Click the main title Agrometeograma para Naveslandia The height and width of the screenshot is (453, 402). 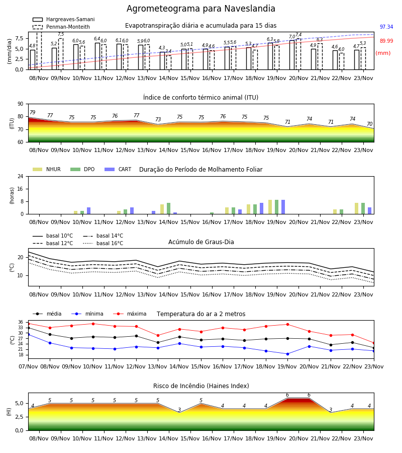pos(200,9)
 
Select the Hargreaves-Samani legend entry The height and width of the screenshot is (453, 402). pos(63,19)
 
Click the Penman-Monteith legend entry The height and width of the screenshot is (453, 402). pos(61,27)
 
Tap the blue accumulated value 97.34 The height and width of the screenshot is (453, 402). pos(386,27)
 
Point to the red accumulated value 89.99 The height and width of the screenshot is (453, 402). pos(386,41)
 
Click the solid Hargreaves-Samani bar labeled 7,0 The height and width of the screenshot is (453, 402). pos(292,55)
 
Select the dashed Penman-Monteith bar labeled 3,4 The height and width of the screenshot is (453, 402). pos(169,62)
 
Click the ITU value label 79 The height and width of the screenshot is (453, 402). pos(32,112)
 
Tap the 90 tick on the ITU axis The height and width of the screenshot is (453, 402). pos(21,104)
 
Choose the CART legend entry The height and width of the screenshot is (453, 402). pos(118,169)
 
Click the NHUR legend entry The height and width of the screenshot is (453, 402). pos(47,169)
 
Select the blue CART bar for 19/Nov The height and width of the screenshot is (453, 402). pos(283,207)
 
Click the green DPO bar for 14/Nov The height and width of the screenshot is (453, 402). pos(169,208)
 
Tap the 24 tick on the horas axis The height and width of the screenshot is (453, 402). pos(21,176)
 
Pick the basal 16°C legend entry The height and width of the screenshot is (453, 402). pos(103,243)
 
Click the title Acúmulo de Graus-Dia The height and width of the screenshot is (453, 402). pos(201,242)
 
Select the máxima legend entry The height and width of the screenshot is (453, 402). pos(130,314)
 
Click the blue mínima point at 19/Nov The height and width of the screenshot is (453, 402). pos(287,354)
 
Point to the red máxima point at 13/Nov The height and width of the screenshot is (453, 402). pos(158,335)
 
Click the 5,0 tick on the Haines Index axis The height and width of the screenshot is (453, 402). pos(19,403)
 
